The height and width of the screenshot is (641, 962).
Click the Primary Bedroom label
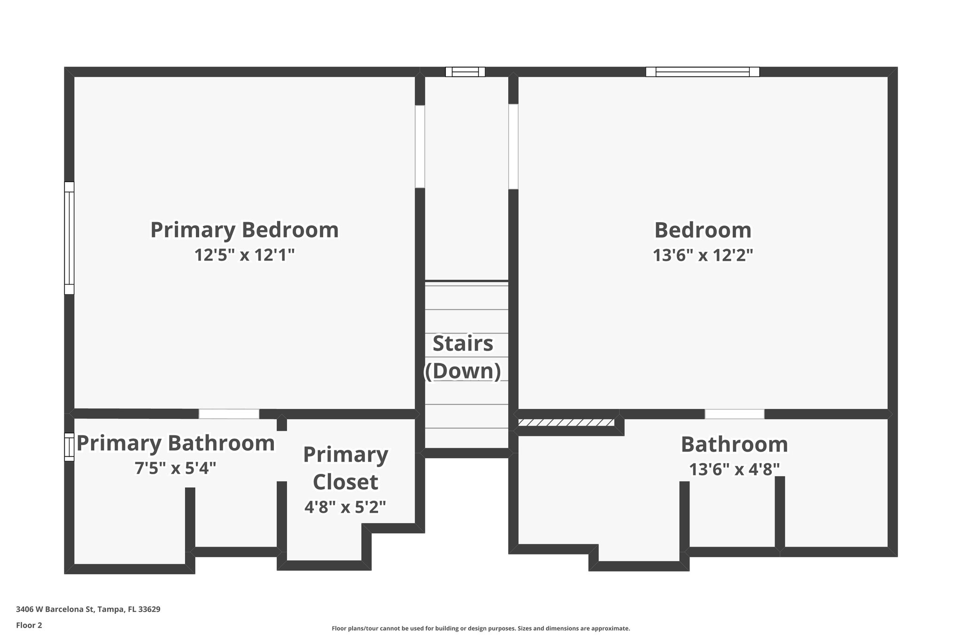[x=244, y=230]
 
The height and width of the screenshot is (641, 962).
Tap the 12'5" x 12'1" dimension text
[x=244, y=255]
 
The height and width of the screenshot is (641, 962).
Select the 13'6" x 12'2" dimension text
[x=703, y=255]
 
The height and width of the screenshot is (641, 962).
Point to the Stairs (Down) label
[x=463, y=357]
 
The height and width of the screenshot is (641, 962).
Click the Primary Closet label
[x=346, y=468]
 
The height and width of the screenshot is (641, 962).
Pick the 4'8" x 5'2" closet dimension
[x=345, y=507]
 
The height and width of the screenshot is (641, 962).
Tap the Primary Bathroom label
[x=176, y=443]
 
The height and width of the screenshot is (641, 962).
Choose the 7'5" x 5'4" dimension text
[x=176, y=468]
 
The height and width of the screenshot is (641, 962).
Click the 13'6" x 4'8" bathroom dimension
[x=734, y=469]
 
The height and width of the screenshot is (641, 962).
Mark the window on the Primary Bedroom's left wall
[x=69, y=238]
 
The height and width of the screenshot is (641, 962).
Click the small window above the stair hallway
[x=465, y=72]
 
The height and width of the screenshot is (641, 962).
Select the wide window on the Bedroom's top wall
[x=702, y=72]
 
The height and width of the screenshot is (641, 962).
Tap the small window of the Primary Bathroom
[x=69, y=447]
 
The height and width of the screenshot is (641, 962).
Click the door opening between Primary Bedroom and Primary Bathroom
[x=229, y=414]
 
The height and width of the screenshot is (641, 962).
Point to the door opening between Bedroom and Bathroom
[x=734, y=414]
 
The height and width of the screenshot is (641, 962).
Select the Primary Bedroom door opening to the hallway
[x=420, y=147]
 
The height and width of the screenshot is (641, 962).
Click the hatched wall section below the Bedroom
[x=566, y=423]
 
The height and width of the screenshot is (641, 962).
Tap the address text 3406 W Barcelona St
[x=88, y=610]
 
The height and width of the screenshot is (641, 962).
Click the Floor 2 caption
[x=29, y=625]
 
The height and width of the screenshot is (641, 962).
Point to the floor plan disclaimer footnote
[x=481, y=628]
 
